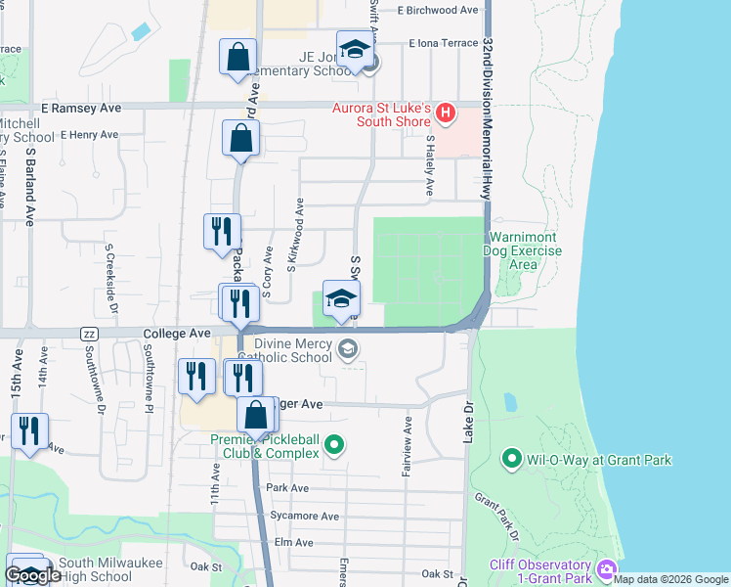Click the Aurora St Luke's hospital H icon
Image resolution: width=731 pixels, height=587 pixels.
(x=446, y=113)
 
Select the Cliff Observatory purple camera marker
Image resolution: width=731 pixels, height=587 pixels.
(x=607, y=568)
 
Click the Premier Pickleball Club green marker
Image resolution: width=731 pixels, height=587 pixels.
(x=334, y=447)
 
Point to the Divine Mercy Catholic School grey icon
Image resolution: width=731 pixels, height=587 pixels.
(x=347, y=349)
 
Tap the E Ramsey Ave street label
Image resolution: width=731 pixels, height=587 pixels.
(x=81, y=108)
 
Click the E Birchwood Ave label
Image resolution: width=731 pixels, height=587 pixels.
(x=438, y=10)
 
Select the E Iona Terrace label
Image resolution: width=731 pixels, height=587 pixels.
(x=445, y=43)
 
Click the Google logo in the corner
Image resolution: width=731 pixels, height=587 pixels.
(x=33, y=575)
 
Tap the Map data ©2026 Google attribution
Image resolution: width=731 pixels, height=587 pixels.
(x=670, y=579)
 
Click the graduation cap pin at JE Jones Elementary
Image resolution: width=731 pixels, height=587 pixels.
(x=355, y=50)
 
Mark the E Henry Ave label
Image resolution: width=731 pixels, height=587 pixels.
(x=89, y=135)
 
